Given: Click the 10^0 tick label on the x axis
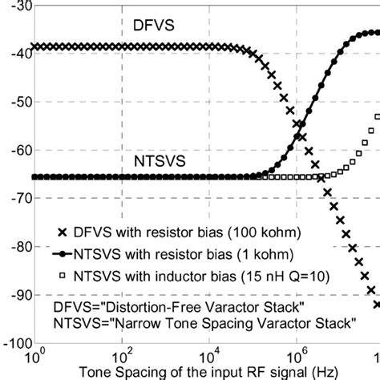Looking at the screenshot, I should click(35, 355).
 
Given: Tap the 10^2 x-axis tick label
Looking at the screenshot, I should click(122, 355).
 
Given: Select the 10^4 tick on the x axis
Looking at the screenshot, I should click(208, 355).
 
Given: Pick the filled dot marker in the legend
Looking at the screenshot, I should click(63, 254).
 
